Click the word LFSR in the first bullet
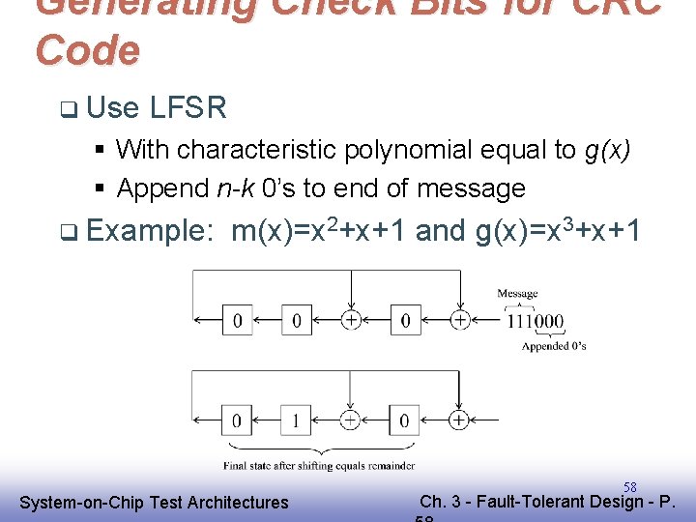pyautogui.click(x=188, y=107)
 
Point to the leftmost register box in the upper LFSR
pyautogui.click(x=238, y=319)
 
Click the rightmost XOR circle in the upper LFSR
pyautogui.click(x=460, y=319)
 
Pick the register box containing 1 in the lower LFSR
pyautogui.click(x=296, y=420)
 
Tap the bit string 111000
pyautogui.click(x=536, y=322)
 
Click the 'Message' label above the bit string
pyautogui.click(x=518, y=294)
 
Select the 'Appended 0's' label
pyautogui.click(x=554, y=346)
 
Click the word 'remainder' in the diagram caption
pyautogui.click(x=392, y=465)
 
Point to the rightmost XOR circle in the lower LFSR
pyautogui.click(x=458, y=420)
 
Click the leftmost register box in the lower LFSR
pyautogui.click(x=238, y=420)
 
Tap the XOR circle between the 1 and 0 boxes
pyautogui.click(x=350, y=420)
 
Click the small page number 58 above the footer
pyautogui.click(x=629, y=487)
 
